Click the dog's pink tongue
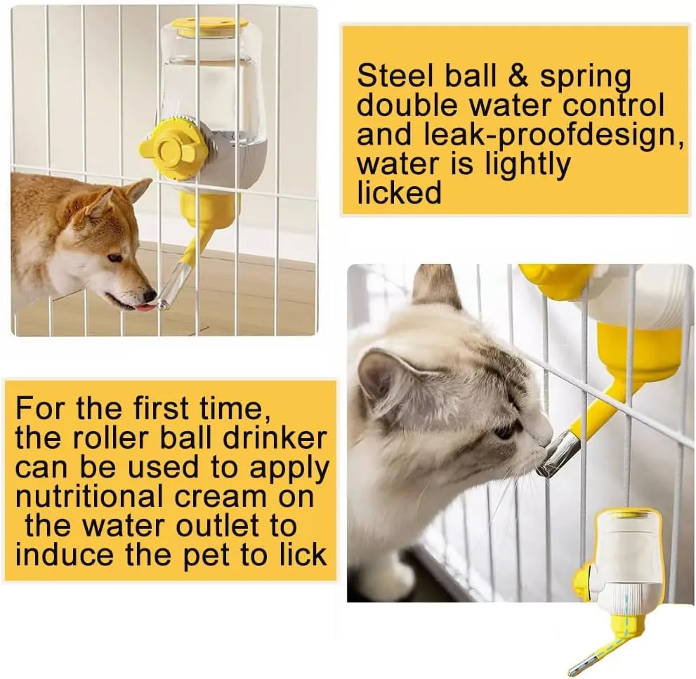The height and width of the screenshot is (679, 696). (143, 307)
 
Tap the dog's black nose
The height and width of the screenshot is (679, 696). (150, 295)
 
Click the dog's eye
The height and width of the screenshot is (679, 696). (114, 258)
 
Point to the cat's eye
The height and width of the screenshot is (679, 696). (505, 432)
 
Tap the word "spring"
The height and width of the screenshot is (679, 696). (584, 79)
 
